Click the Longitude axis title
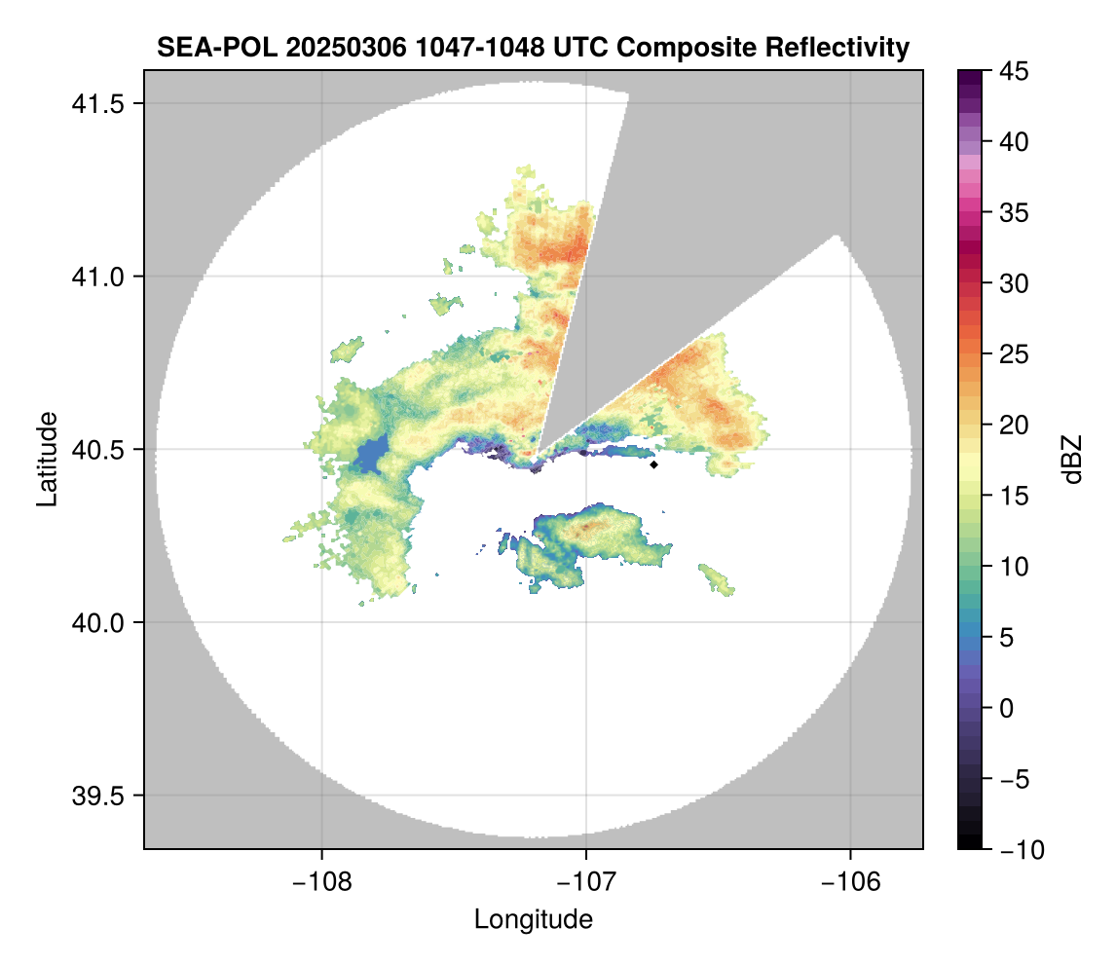[533, 919]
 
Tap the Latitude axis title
[47, 459]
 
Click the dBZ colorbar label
[1071, 459]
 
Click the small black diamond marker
[653, 464]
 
